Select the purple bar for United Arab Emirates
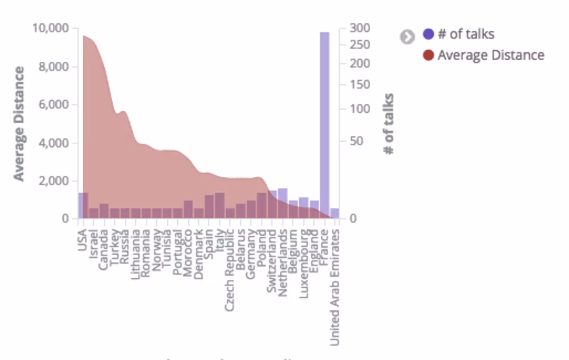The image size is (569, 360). (x=334, y=213)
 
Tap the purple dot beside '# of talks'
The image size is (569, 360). (x=428, y=34)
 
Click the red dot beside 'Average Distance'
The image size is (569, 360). (x=428, y=55)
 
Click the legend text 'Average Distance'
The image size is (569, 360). (x=490, y=55)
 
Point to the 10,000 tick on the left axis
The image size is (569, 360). (x=51, y=28)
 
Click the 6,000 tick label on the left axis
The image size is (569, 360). (x=55, y=105)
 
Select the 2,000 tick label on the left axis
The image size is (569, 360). (x=55, y=181)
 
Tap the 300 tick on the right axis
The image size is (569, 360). (x=360, y=28)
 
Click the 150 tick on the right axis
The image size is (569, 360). (x=360, y=85)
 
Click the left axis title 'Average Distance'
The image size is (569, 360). (x=19, y=124)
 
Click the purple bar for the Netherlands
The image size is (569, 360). (x=282, y=203)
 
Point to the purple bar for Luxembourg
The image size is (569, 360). (x=303, y=208)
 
